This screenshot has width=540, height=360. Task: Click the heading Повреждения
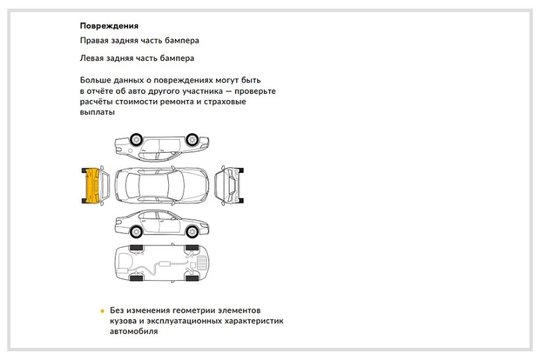point(109,26)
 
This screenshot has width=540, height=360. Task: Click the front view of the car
point(228,184)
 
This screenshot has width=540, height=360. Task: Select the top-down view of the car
point(160,184)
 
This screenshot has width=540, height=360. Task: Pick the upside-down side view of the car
point(160,144)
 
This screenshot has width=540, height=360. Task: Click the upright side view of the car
point(160,222)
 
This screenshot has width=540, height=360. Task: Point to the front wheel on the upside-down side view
point(192,138)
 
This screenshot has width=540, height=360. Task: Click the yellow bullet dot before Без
point(103,311)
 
